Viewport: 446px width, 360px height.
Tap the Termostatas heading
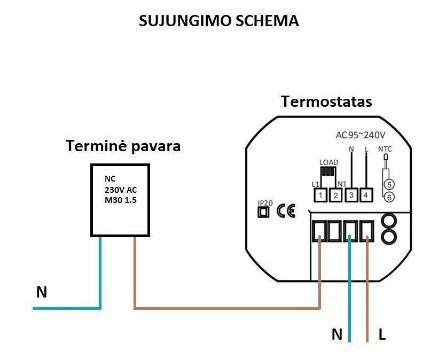(326, 101)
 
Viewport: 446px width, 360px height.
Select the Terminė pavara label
(123, 146)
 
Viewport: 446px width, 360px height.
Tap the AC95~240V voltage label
(361, 135)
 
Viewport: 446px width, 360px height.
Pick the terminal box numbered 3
(351, 195)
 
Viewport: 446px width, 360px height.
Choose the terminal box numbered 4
(366, 195)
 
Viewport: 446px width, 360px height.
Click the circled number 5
(389, 184)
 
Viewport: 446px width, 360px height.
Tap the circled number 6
(389, 197)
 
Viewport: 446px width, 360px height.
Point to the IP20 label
(264, 203)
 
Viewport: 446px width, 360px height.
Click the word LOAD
(328, 162)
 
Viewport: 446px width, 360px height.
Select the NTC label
(385, 149)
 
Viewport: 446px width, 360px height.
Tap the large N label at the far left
(41, 292)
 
